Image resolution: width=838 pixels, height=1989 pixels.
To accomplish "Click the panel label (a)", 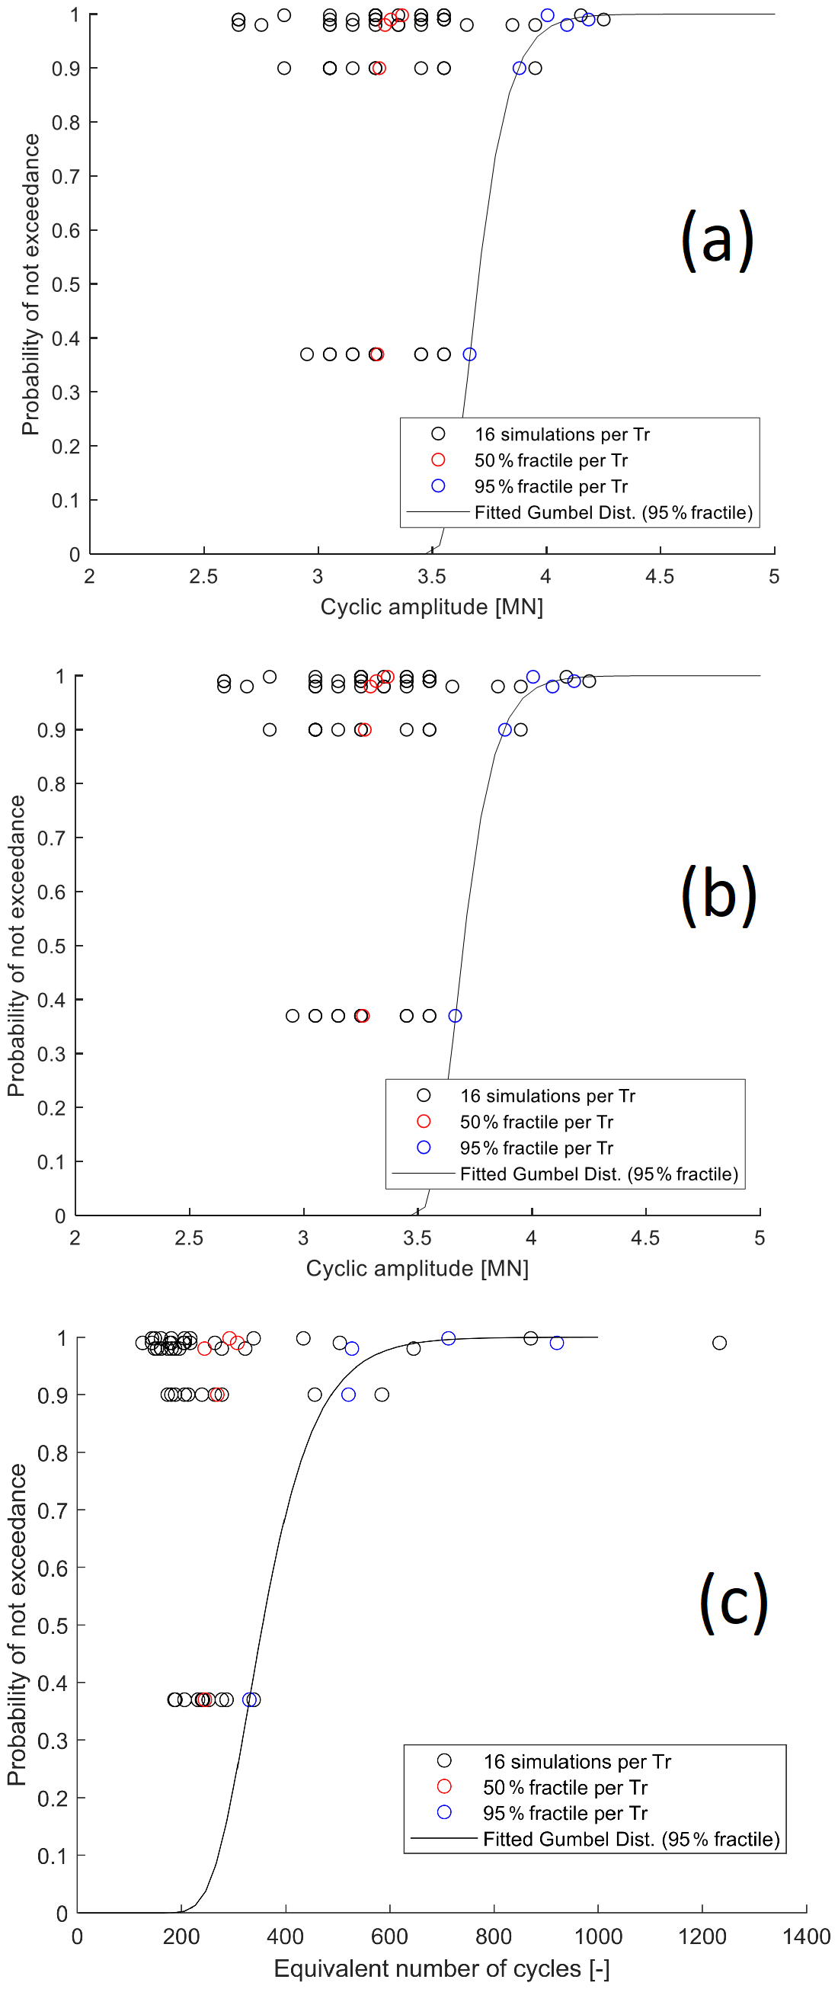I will click(x=717, y=240).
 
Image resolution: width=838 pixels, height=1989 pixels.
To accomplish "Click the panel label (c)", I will click(x=733, y=1603).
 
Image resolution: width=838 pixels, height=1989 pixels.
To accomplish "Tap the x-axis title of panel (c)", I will click(x=441, y=1968).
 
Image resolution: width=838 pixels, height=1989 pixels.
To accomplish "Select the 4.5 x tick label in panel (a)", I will click(x=659, y=577).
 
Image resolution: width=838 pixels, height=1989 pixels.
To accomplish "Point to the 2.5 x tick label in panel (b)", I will click(x=189, y=1238).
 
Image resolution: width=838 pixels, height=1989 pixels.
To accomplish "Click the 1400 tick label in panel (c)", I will click(x=805, y=1936).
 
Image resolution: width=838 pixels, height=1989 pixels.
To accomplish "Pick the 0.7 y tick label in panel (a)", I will click(x=66, y=177).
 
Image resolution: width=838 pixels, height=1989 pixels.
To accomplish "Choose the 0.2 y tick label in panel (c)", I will click(x=52, y=1798).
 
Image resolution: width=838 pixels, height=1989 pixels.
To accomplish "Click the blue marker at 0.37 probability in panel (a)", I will click(x=469, y=354).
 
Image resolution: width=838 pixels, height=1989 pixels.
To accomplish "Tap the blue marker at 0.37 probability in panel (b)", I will click(x=456, y=1016).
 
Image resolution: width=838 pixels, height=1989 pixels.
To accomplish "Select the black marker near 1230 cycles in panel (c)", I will click(x=719, y=1343).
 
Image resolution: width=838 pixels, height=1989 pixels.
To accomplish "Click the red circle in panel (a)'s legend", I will click(x=438, y=460).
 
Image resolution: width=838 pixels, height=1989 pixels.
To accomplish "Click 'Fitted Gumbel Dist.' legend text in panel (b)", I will click(x=599, y=1174).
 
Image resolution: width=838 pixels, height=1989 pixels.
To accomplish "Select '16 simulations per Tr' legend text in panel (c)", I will click(x=577, y=1761).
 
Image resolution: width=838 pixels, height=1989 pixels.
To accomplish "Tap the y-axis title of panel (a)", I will click(x=31, y=284).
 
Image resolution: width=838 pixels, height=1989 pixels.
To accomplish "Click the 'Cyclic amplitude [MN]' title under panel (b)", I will click(x=417, y=1269).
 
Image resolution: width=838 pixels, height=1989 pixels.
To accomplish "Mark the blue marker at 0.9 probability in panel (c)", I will click(x=348, y=1395).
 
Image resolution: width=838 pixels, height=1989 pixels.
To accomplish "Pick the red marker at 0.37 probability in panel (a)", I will click(x=376, y=354).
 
